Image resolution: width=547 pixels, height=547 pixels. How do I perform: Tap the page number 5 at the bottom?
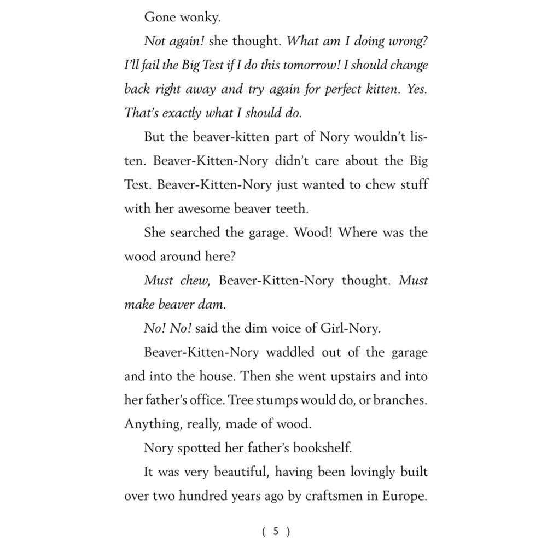click(x=276, y=531)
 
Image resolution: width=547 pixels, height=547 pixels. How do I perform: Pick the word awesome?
click(x=219, y=208)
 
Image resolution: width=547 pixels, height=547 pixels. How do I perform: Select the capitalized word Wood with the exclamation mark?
click(x=313, y=232)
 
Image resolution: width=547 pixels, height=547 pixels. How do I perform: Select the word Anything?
click(x=148, y=424)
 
